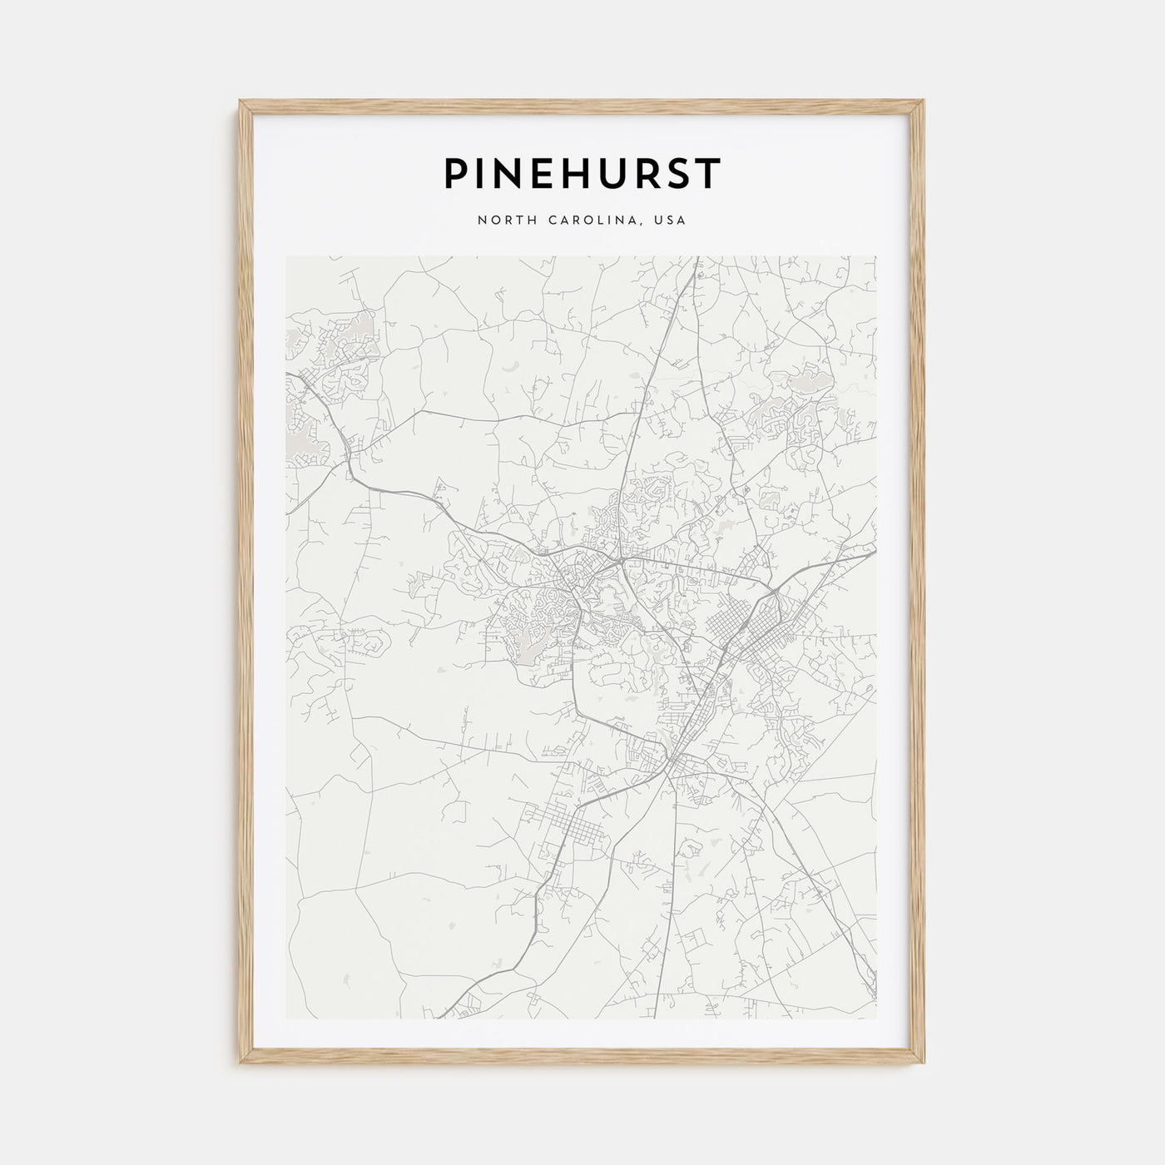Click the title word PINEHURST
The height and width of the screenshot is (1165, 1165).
582,174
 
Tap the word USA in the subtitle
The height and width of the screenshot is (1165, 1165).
671,221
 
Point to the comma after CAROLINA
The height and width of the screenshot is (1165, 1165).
641,224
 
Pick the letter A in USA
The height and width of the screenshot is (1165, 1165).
682,221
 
